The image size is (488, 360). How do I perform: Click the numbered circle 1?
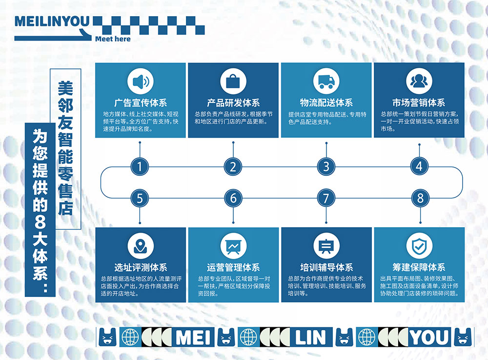click(140, 167)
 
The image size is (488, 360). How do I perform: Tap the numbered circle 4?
click(419, 167)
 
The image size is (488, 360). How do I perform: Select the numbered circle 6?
click(233, 198)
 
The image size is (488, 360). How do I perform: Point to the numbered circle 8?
click(419, 198)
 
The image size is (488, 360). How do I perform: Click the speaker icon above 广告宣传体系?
click(140, 81)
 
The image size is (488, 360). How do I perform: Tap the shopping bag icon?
click(233, 81)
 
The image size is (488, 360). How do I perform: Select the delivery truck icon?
click(326, 81)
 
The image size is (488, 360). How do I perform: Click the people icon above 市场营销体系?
click(419, 81)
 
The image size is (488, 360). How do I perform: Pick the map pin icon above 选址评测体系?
click(140, 246)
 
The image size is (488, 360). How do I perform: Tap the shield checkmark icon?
click(419, 246)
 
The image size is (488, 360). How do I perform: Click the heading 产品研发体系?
click(233, 103)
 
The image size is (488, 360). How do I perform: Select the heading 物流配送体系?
click(326, 103)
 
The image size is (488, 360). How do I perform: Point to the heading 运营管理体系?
click(233, 268)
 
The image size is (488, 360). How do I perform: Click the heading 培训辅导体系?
click(326, 268)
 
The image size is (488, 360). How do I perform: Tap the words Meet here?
click(113, 39)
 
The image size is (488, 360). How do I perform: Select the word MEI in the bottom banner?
click(194, 337)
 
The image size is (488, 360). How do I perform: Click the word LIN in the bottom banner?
click(309, 337)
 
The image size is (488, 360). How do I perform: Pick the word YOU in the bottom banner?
click(429, 337)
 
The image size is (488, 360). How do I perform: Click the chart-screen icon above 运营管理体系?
click(233, 246)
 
